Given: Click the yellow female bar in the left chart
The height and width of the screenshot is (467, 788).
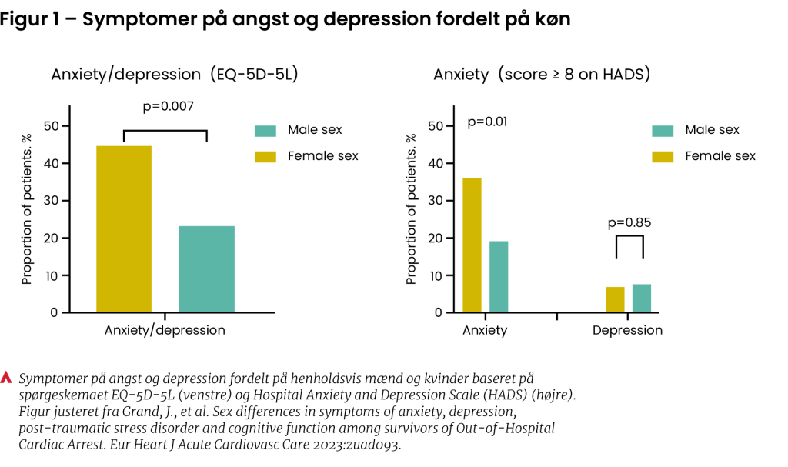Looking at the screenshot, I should click(123, 229).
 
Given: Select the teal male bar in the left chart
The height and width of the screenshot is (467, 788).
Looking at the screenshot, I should click(206, 269).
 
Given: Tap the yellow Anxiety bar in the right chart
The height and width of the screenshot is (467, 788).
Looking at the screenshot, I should click(472, 245).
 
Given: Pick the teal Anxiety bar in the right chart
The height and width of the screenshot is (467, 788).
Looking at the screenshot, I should click(499, 277).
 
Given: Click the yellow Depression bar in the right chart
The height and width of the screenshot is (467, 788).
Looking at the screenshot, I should click(615, 299).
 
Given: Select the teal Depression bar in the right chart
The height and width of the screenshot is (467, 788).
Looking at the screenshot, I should click(642, 299).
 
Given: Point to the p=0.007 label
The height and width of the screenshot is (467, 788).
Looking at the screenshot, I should click(168, 106).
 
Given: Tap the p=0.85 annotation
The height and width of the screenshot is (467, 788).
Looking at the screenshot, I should click(629, 223).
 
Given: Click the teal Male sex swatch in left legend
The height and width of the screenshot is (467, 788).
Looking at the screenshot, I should click(265, 130).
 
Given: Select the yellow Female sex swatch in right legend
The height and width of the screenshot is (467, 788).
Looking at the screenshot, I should click(663, 156).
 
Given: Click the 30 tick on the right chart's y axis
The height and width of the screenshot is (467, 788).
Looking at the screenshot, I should click(435, 201).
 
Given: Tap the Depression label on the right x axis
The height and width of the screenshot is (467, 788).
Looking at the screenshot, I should click(627, 331).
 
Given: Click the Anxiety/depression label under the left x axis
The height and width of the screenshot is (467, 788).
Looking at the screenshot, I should click(165, 331).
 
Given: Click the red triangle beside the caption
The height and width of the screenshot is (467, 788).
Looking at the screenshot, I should click(7, 378).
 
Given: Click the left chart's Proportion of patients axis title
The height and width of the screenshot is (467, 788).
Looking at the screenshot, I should click(27, 208).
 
